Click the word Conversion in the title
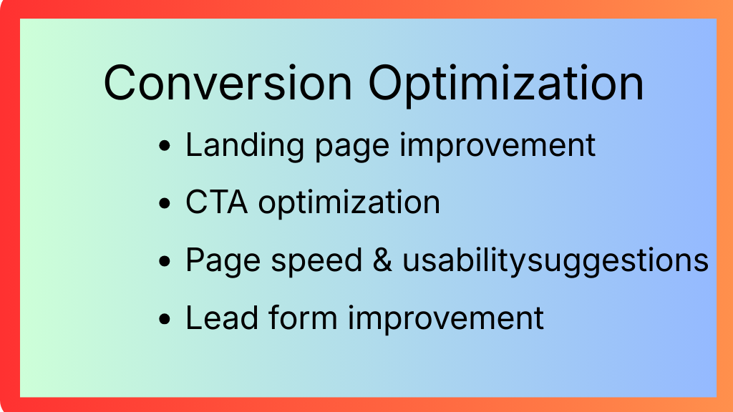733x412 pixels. click(x=228, y=83)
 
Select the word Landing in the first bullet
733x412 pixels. click(x=245, y=146)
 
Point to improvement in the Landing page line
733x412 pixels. click(x=497, y=145)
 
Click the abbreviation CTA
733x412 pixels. click(x=216, y=202)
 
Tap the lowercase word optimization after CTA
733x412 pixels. click(x=349, y=204)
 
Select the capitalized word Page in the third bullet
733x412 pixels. click(x=223, y=262)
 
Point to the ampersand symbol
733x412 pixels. click(x=382, y=260)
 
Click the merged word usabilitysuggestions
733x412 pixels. click(x=555, y=262)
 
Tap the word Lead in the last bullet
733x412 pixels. click(x=222, y=318)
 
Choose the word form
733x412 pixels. click(x=303, y=318)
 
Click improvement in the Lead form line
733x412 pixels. click(x=445, y=319)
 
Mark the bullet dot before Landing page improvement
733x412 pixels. click(x=165, y=145)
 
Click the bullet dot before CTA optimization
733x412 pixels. click(x=165, y=203)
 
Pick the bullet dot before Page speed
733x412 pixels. click(x=165, y=261)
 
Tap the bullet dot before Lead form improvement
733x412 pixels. click(x=165, y=319)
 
